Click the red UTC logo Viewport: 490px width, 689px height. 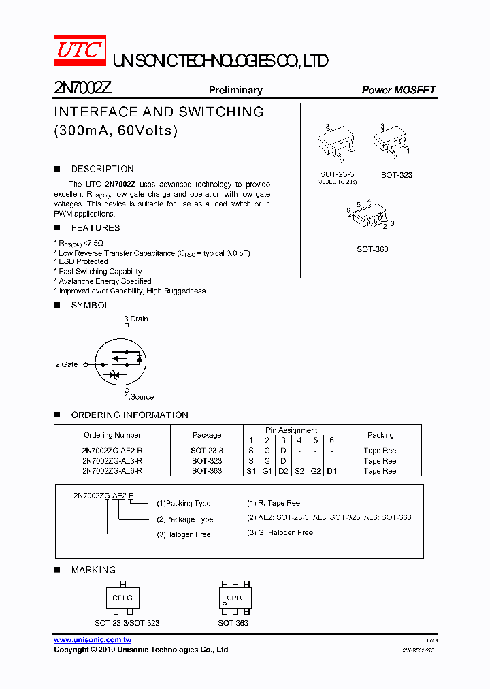pos(80,51)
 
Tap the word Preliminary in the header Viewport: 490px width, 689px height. pos(235,90)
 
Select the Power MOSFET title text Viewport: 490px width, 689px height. pos(398,90)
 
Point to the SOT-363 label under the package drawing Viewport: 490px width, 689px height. pos(372,249)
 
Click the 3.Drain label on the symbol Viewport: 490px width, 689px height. pos(135,319)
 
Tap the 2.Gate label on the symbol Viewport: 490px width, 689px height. pos(67,364)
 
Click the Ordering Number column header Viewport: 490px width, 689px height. pos(112,435)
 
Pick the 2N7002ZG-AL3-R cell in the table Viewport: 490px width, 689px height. pos(112,461)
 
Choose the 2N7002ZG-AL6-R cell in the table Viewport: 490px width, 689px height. pos(112,470)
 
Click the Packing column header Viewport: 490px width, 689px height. pos(380,435)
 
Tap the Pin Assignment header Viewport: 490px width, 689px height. pos(291,430)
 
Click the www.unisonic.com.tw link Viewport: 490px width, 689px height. pos(93,640)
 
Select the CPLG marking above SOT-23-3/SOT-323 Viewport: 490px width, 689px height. pos(122,598)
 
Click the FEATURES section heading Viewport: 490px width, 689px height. pos(95,228)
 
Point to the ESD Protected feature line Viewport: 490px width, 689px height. pos(82,261)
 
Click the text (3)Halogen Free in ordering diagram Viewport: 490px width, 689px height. pos(183,534)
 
